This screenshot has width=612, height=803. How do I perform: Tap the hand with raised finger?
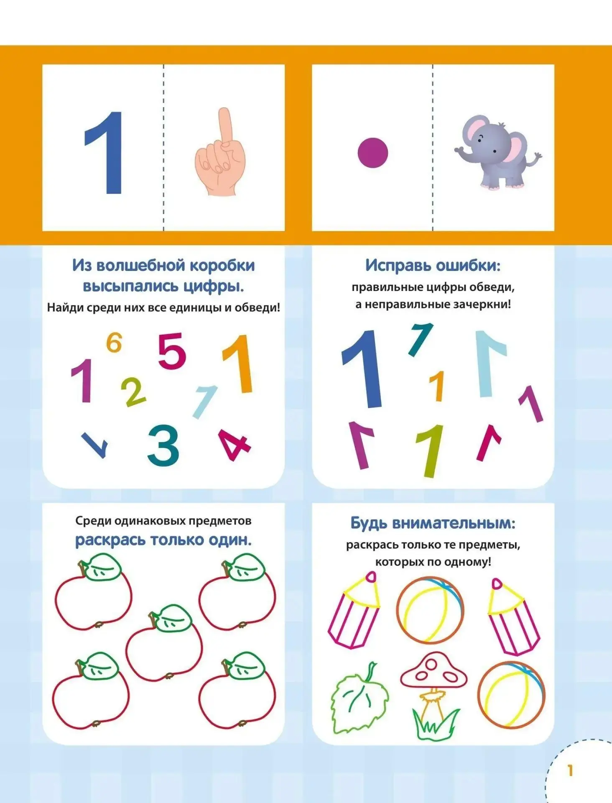[x=220, y=152]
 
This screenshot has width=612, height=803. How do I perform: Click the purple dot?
[x=372, y=153]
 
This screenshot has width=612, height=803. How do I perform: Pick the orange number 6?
[x=114, y=343]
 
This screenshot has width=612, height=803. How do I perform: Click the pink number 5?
[x=171, y=350]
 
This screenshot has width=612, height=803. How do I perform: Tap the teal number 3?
[x=163, y=445]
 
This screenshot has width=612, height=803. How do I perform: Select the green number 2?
[x=133, y=392]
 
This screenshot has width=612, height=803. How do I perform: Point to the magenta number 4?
[x=234, y=445]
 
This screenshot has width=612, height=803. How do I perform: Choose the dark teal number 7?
[x=420, y=340]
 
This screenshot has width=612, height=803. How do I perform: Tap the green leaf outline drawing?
[x=359, y=699]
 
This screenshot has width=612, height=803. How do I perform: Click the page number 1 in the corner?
[x=570, y=770]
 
